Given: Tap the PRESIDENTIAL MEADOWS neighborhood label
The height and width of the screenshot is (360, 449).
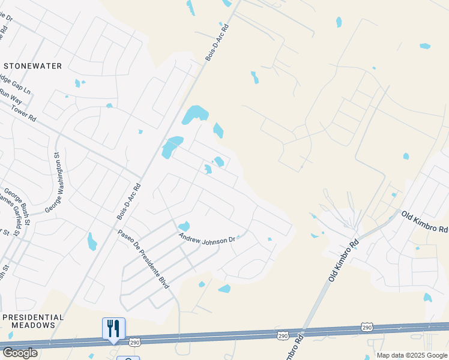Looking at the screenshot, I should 41,321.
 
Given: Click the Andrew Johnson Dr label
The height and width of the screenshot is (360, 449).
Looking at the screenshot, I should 207,238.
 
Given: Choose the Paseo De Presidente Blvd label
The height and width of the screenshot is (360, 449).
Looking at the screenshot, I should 143,258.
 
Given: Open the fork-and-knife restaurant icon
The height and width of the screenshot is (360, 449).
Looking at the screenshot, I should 113,328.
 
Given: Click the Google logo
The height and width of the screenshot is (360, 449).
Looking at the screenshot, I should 20,353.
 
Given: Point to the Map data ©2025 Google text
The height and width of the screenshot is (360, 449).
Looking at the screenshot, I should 411,355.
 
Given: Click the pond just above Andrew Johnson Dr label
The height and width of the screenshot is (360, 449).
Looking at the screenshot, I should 184,226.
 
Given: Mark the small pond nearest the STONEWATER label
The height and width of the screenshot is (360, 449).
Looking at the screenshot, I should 77,83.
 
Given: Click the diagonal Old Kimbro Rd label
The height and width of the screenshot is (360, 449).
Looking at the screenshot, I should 343,261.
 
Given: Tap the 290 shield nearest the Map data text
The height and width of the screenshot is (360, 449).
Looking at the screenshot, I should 367,326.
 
